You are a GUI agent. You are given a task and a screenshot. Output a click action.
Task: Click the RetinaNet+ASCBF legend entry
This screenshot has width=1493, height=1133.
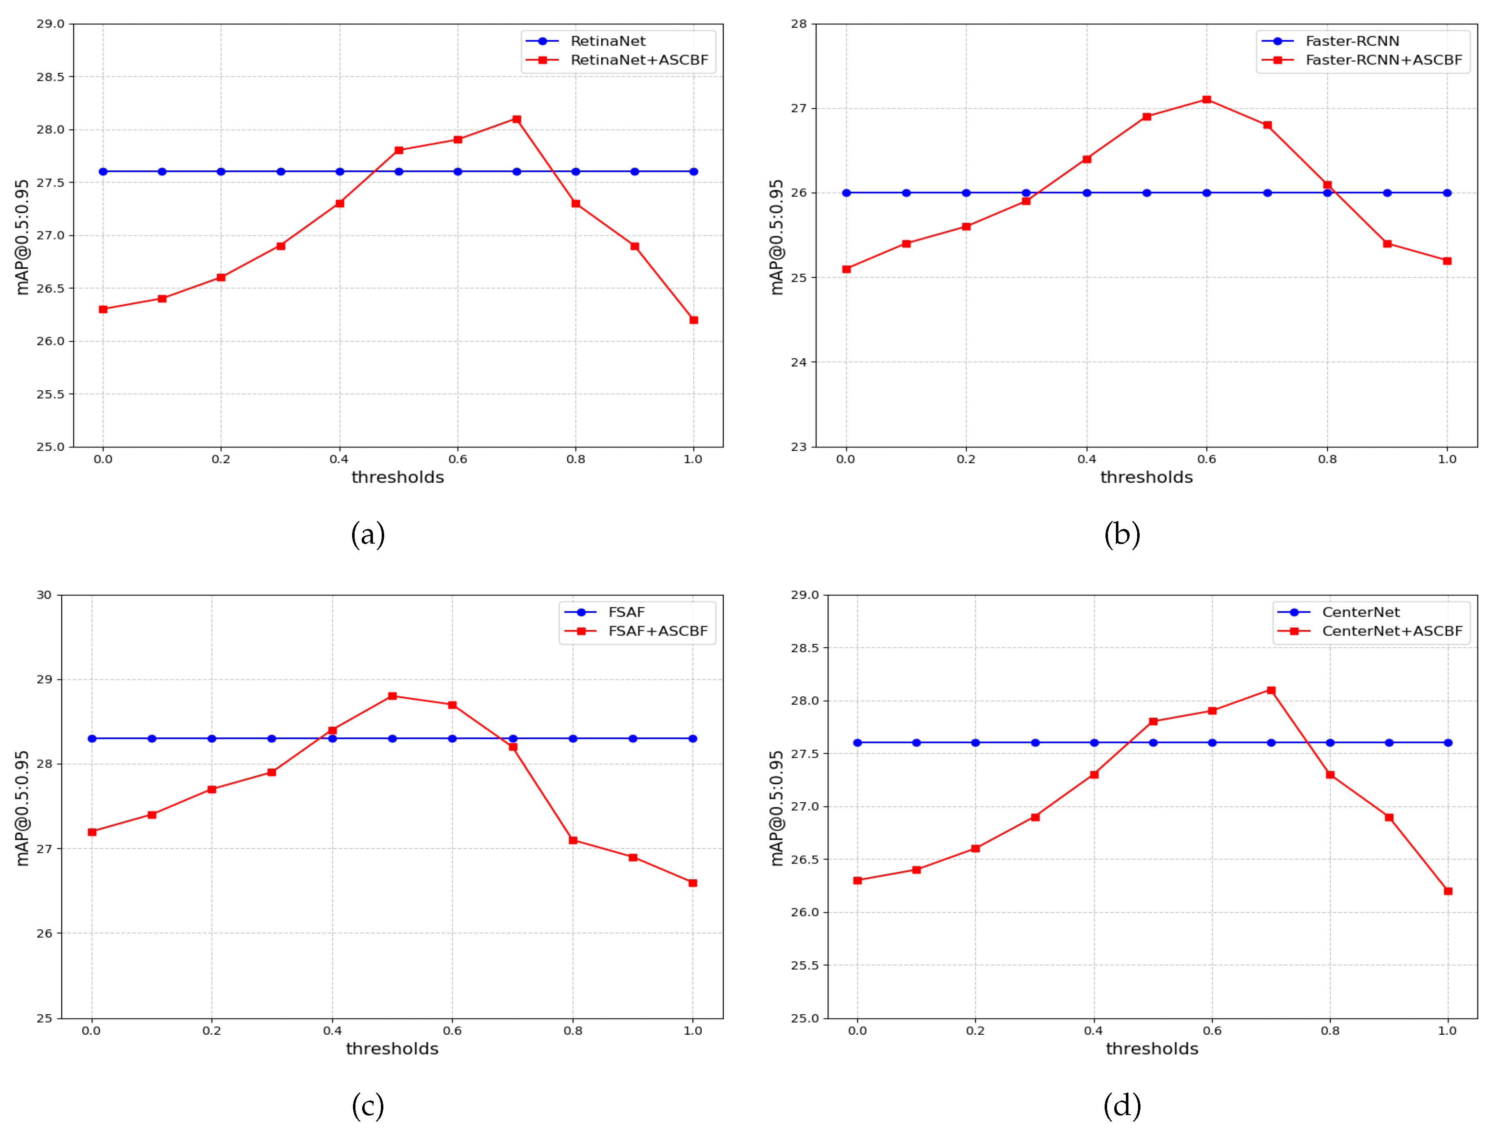coord(638,60)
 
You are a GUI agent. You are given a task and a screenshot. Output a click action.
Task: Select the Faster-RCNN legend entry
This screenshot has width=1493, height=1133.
coord(1352,41)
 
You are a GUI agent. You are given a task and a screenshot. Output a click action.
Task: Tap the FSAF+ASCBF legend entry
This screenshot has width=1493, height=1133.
coord(658,631)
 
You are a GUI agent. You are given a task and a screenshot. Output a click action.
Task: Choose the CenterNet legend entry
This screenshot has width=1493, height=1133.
coord(1361,612)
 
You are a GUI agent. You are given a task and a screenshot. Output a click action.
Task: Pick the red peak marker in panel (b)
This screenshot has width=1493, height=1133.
coord(1207,100)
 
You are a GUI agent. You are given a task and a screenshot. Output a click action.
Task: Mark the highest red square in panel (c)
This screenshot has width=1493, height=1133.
coord(392,696)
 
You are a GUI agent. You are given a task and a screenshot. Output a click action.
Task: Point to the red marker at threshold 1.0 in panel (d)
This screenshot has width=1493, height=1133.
coord(1448,891)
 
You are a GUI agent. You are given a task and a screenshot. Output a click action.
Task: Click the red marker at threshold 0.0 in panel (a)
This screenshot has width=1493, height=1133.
coord(103,309)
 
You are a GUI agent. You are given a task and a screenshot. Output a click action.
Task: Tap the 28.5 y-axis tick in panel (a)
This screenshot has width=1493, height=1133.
coord(50,77)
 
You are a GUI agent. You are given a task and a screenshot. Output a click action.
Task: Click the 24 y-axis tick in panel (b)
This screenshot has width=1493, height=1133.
coord(799,362)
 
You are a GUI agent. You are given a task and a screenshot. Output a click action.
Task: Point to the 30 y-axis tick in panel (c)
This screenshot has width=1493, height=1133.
coord(44,595)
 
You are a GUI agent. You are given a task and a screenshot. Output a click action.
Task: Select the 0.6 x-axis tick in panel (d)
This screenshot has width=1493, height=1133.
coord(1212,1031)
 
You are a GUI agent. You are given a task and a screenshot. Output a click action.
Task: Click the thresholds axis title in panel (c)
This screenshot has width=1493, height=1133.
coord(392,1048)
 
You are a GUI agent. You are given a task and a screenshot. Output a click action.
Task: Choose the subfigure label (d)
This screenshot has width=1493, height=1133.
coord(1122,1106)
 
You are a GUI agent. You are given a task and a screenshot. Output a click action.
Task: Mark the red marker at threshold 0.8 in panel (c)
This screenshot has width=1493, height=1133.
coord(573,840)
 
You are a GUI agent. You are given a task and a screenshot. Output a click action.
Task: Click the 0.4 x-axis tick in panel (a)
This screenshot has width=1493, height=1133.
coord(339,459)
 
